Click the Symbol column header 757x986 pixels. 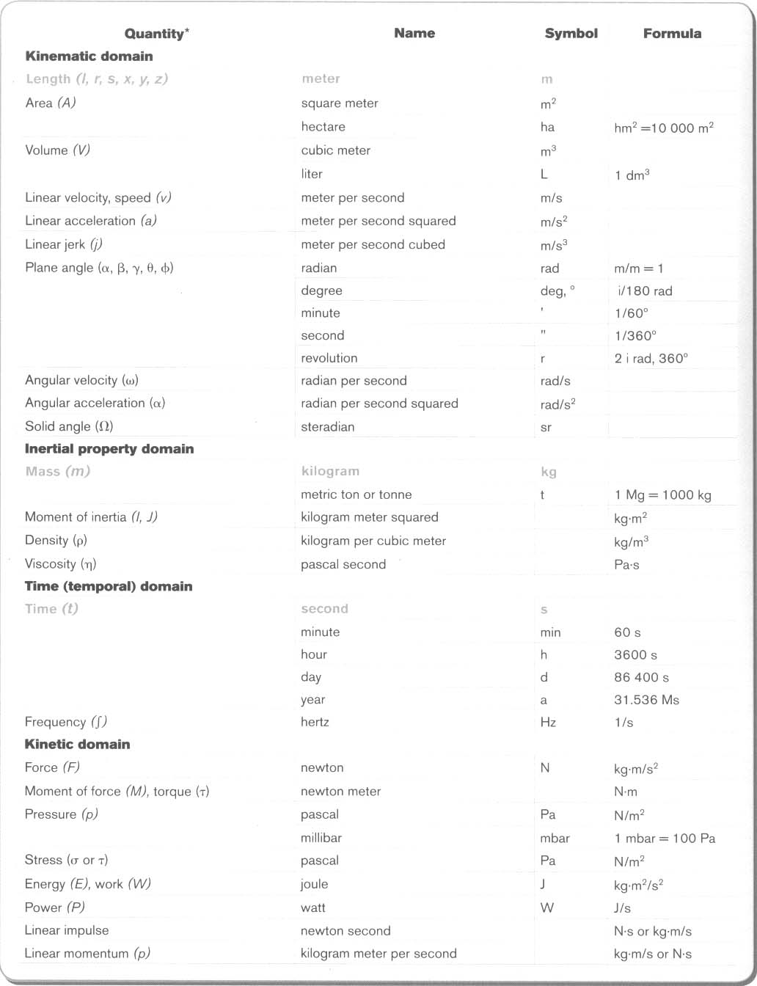[x=571, y=34]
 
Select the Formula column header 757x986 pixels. [x=672, y=34]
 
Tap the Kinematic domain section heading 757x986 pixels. [x=89, y=56]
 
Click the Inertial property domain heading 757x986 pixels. [x=109, y=449]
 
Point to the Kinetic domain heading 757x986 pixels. [x=77, y=745]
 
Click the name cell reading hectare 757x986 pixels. [x=323, y=127]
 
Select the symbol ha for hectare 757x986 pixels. [x=547, y=128]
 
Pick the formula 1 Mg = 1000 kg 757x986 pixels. [x=663, y=495]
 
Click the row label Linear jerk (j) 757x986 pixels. [x=64, y=244]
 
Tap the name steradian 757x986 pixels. [x=327, y=427]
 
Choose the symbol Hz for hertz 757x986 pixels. [x=548, y=723]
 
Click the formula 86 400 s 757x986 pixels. [x=641, y=678]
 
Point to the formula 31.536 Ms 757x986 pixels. [x=646, y=700]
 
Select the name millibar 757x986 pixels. [x=321, y=838]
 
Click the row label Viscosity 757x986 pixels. [x=60, y=564]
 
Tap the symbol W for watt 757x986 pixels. [x=547, y=908]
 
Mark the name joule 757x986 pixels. [x=314, y=885]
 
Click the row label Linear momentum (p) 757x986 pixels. [x=87, y=954]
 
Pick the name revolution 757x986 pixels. [x=329, y=359]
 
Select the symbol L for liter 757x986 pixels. [x=544, y=175]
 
